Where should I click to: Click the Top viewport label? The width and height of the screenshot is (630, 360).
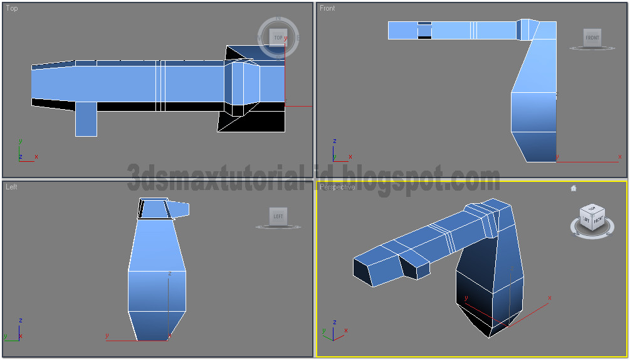[x=12, y=9]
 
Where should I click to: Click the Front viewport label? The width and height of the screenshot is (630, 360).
[x=327, y=8]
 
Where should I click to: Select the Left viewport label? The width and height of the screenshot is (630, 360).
[x=12, y=187]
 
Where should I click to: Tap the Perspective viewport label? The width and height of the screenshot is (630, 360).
[x=337, y=187]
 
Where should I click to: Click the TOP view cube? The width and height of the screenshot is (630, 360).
[x=278, y=38]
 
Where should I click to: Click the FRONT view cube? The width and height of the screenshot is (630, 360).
[x=592, y=38]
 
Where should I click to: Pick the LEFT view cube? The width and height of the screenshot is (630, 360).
[x=278, y=216]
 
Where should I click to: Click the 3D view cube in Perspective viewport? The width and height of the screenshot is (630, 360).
[x=592, y=218]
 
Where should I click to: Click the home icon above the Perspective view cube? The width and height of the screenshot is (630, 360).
[x=573, y=188]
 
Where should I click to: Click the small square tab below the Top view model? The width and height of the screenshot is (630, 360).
[x=86, y=119]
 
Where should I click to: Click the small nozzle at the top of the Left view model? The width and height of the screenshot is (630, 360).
[x=180, y=209]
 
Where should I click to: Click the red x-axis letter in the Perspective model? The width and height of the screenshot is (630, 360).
[x=550, y=297]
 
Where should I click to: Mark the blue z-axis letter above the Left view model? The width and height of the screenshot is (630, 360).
[x=170, y=273]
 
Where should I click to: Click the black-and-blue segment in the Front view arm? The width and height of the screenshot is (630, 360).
[x=424, y=30]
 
